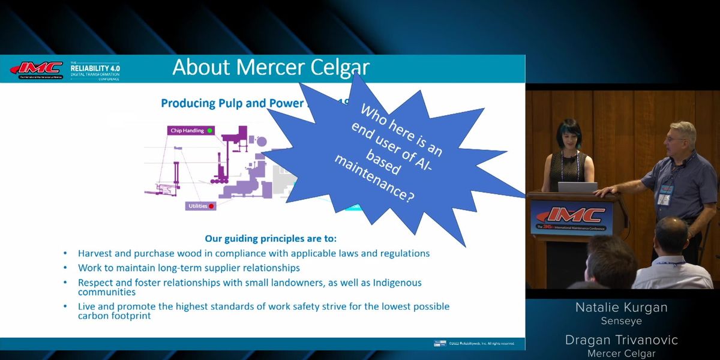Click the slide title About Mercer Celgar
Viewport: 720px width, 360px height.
tap(271, 67)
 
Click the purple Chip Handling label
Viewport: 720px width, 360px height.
tap(187, 130)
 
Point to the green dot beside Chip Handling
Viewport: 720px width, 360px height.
tap(209, 130)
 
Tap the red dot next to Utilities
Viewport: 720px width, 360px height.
tap(211, 206)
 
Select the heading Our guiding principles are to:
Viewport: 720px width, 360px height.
tap(271, 238)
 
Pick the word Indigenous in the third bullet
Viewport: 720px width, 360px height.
tap(392, 283)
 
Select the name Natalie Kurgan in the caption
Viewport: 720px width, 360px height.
tap(621, 308)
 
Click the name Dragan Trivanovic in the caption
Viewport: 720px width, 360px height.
tap(621, 340)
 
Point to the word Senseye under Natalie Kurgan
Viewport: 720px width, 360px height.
tap(621, 322)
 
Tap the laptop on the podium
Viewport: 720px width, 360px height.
tap(577, 187)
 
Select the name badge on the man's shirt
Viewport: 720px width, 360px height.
tap(664, 196)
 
